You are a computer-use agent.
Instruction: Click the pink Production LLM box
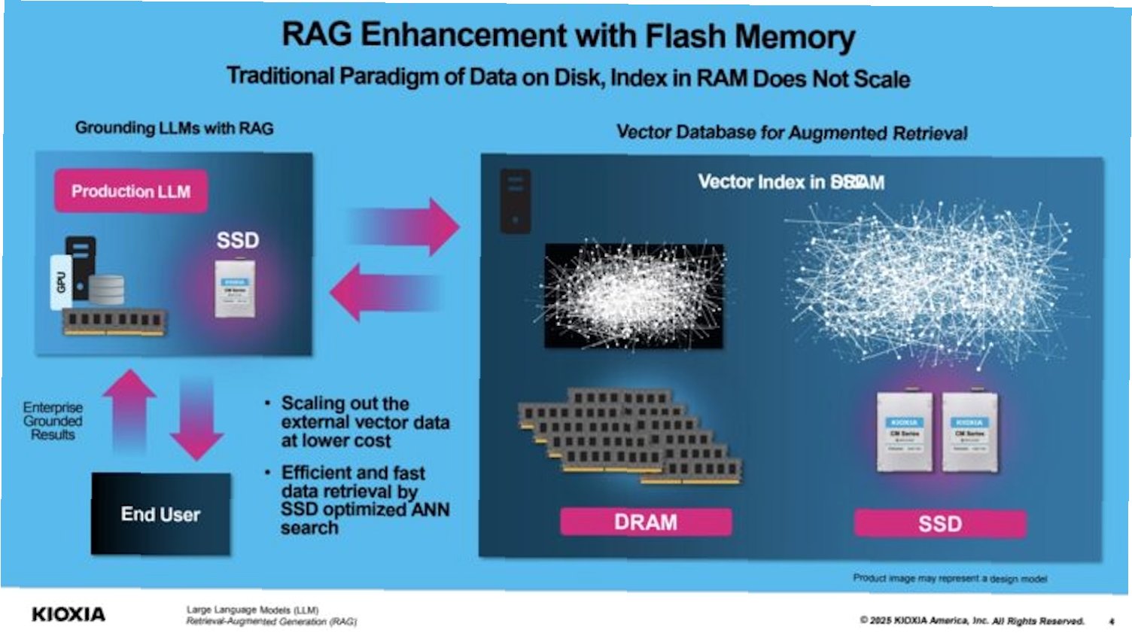pos(130,191)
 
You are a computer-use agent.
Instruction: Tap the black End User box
pos(160,514)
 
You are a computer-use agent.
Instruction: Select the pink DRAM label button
pos(645,522)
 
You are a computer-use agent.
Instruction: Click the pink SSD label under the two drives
pos(939,523)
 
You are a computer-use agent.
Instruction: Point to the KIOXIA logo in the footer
pos(68,614)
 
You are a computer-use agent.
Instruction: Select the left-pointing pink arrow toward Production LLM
pos(385,293)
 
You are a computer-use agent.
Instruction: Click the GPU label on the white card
pos(60,281)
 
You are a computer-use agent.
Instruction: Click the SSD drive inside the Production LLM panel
pos(235,289)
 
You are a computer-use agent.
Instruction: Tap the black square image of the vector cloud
pos(634,296)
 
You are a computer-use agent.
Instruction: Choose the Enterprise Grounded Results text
pos(53,421)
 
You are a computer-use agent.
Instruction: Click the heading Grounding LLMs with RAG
pos(174,128)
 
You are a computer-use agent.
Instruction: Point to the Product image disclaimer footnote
pos(949,578)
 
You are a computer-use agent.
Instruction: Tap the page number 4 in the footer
pos(1111,621)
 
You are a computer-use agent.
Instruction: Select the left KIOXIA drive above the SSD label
pos(905,433)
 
